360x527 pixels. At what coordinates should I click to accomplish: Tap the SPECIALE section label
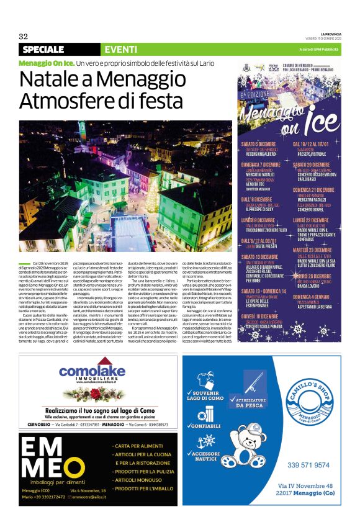click(x=43, y=49)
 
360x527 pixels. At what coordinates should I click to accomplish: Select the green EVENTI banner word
click(x=121, y=49)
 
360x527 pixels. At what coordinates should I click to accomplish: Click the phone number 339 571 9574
click(x=309, y=464)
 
